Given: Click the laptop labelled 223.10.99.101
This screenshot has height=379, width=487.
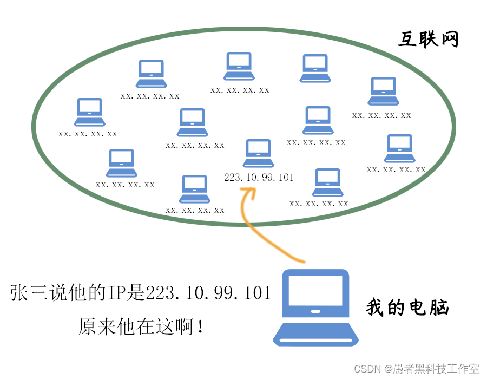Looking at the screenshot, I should [258, 153].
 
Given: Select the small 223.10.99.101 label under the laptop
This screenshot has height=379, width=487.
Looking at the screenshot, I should [258, 177].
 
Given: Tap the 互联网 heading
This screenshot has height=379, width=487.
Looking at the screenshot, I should [429, 40].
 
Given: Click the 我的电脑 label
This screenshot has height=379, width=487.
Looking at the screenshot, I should [407, 308].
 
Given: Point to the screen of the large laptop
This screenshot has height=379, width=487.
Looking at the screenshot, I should [315, 291].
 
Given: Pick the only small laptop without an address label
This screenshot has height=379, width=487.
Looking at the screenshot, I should [315, 68].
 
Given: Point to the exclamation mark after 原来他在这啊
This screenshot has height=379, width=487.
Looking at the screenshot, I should [201, 326].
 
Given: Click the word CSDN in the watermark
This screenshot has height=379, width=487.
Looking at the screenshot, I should [366, 369].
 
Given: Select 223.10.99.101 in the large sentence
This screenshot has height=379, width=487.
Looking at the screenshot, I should [208, 293].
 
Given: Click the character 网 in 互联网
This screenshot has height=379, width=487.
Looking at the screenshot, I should [449, 40].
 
